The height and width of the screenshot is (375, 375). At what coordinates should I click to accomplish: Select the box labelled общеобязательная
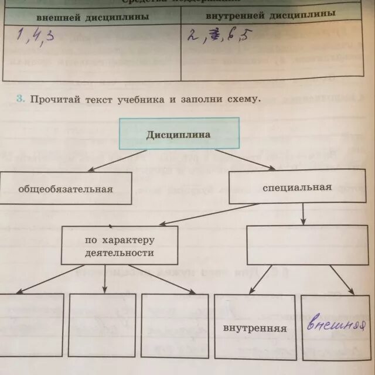click(x=65, y=189)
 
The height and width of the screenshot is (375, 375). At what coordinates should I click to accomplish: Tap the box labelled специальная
click(x=297, y=187)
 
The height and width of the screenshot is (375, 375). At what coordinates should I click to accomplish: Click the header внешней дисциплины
click(x=93, y=17)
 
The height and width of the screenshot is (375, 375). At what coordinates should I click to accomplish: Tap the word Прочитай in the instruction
click(x=54, y=100)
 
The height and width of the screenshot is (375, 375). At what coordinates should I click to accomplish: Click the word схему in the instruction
click(x=241, y=100)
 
